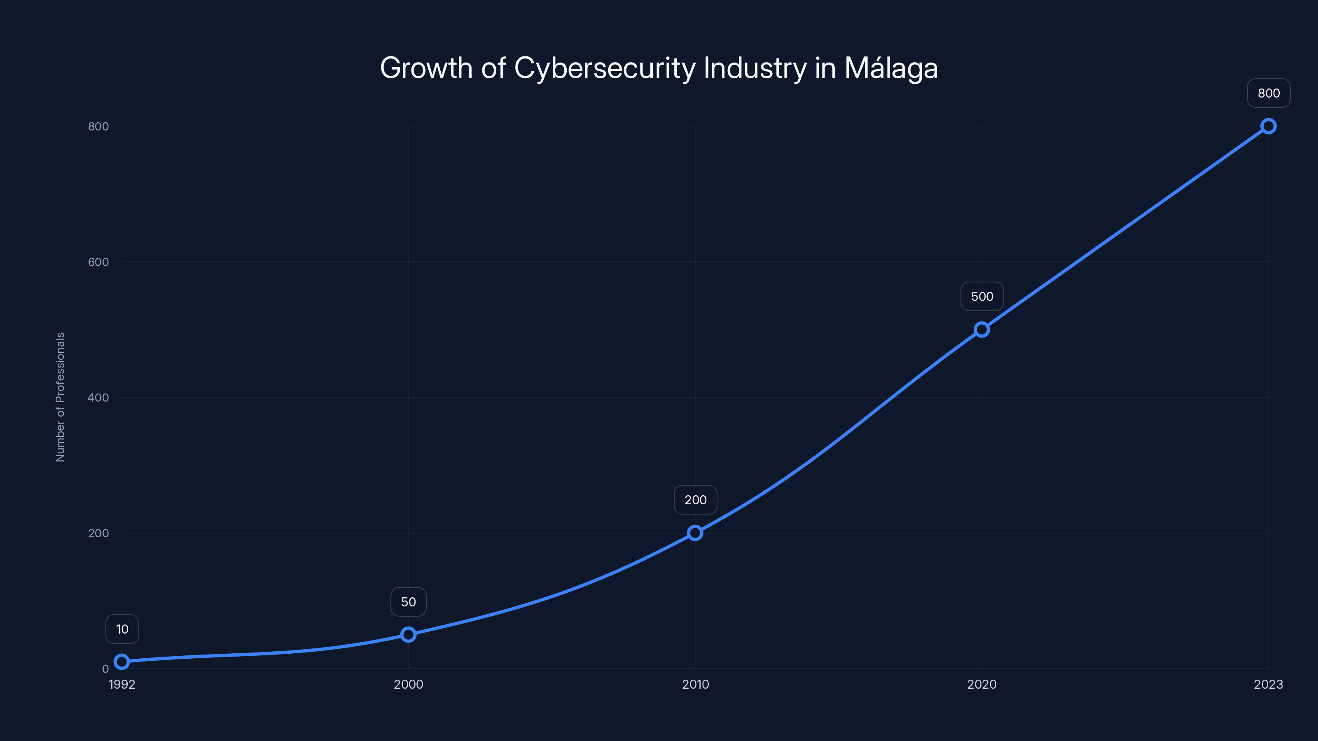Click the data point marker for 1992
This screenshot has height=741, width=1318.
[x=122, y=662]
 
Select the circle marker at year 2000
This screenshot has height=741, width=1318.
[x=408, y=635]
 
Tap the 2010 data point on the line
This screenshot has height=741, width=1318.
[x=695, y=533]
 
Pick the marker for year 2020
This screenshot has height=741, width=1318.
[x=981, y=329]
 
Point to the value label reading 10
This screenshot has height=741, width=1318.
[x=122, y=629]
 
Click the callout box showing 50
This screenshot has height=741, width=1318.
[x=408, y=602]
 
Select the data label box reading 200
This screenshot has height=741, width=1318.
[x=695, y=500]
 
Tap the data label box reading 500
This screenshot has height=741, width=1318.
[x=982, y=296]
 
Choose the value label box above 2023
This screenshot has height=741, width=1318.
[x=1269, y=93]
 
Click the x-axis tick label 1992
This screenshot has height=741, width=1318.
[x=122, y=684]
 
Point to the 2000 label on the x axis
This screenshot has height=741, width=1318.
[x=408, y=684]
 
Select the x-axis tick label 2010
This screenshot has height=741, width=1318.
[x=695, y=684]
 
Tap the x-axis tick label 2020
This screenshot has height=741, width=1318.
[x=981, y=684]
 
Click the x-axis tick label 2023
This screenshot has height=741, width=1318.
[x=1268, y=684]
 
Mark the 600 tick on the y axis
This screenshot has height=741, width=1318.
[x=98, y=262]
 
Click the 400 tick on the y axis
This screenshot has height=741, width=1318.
[x=98, y=397]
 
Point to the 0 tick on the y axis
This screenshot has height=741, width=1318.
[x=105, y=669]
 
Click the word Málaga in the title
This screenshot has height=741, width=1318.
[x=891, y=68]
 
